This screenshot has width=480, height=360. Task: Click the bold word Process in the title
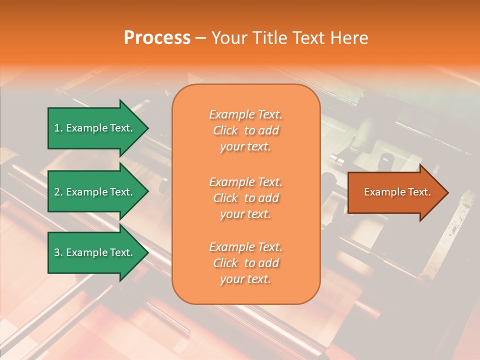(157, 38)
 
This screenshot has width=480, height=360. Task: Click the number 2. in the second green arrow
(58, 192)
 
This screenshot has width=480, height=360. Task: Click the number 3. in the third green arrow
(58, 252)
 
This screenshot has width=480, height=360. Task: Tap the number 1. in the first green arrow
(58, 128)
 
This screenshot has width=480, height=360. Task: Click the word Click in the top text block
(225, 130)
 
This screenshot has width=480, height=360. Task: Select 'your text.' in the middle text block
(245, 214)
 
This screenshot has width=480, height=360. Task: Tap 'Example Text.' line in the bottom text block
(245, 247)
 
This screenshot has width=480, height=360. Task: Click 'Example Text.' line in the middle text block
(245, 181)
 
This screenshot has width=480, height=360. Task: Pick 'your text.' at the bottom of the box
(245, 279)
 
